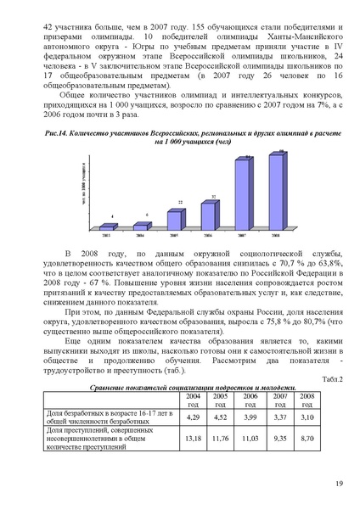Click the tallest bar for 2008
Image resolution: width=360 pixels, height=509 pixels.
tap(274, 192)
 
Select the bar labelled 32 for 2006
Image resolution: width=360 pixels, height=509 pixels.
tap(215, 213)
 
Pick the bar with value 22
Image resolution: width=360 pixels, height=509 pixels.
tap(179, 217)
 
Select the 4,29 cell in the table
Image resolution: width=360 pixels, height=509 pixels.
tap(193, 417)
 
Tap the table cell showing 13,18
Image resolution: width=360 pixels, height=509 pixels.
tap(193, 439)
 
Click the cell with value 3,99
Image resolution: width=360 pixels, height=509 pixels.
tap(249, 417)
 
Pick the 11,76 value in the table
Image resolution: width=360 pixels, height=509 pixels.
tap(221, 439)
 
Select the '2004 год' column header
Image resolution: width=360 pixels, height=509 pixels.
tap(193, 399)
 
